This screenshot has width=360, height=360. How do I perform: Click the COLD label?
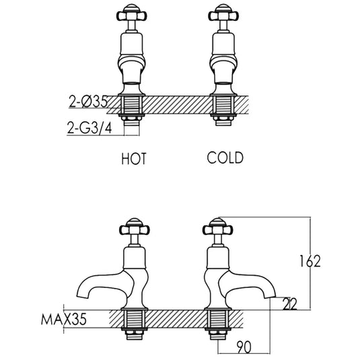(x=225, y=158)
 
